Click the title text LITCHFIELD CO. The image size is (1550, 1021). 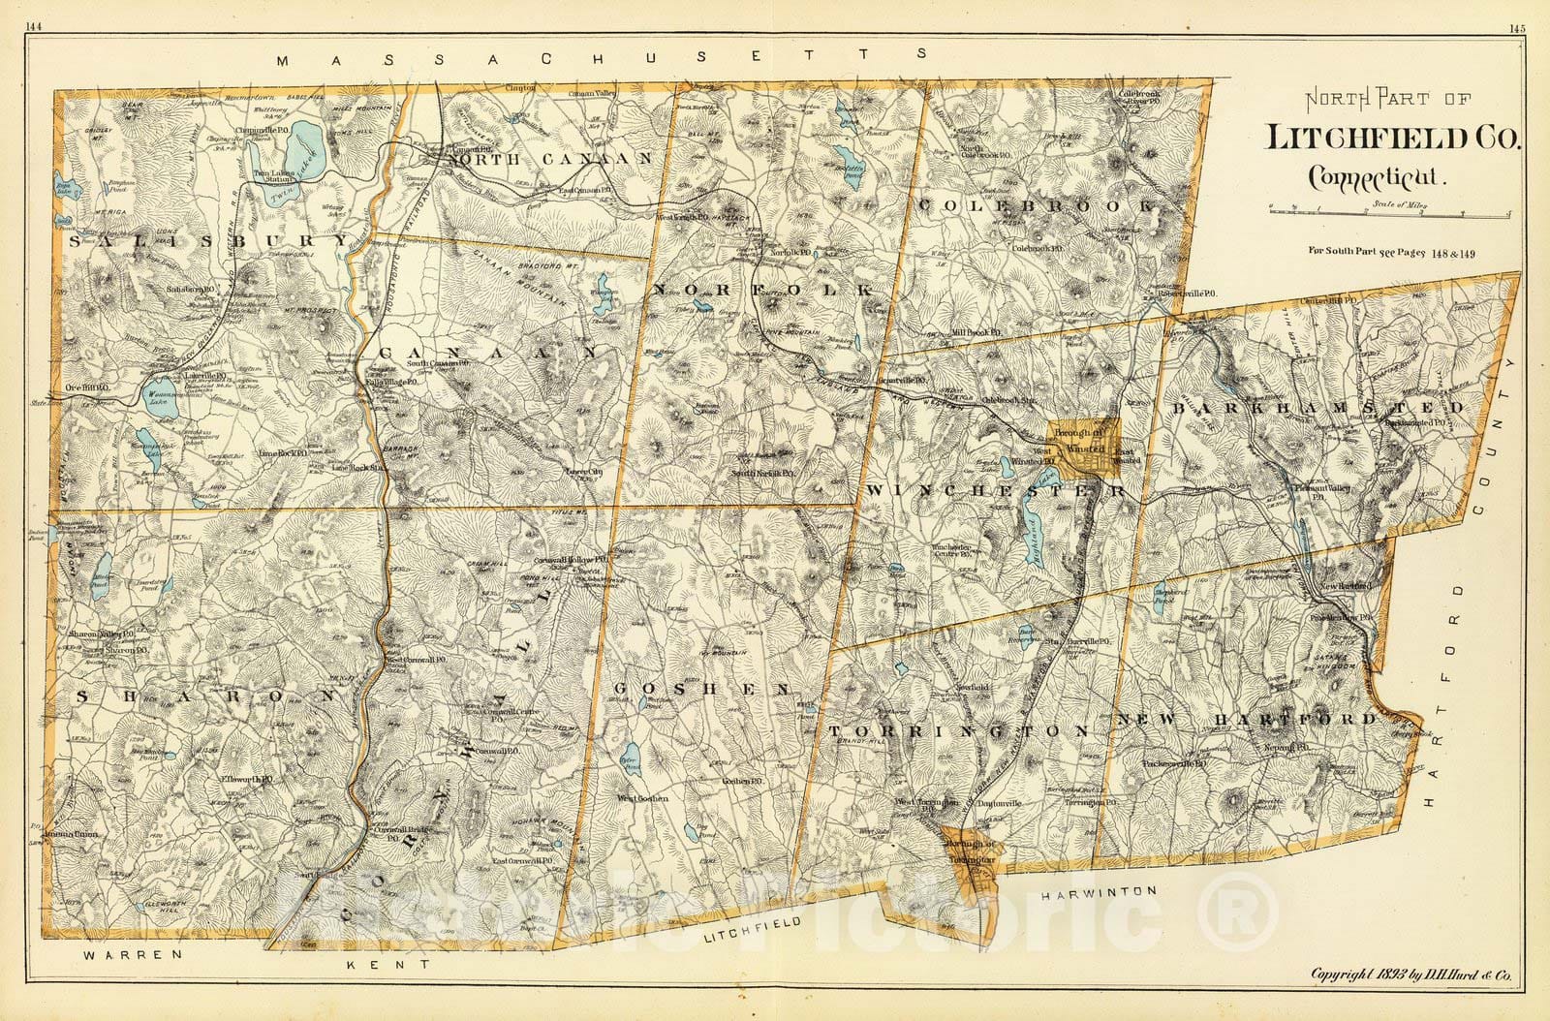pos(1394,139)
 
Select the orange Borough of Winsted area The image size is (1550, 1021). pos(1088,449)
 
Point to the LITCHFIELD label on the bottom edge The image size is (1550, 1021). pos(753,931)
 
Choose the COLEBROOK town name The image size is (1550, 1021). pos(1035,205)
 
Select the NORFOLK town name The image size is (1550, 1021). pos(765,290)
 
